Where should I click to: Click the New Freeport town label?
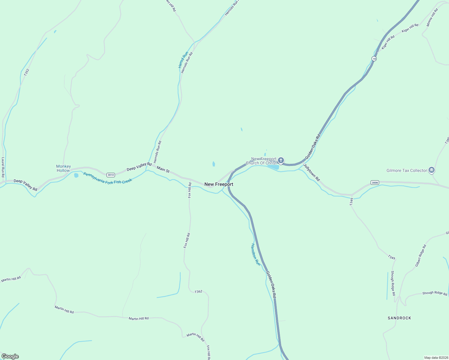(x=218, y=184)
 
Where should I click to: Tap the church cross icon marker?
(x=281, y=160)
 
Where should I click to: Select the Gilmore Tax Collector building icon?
(x=432, y=170)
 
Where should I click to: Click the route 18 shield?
(x=374, y=59)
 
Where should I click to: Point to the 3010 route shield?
(x=111, y=175)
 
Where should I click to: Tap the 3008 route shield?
(x=375, y=182)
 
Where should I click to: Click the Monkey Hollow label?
(x=64, y=168)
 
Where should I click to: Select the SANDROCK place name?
(x=399, y=318)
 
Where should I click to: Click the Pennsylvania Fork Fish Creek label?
(x=107, y=178)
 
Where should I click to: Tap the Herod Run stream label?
(x=183, y=60)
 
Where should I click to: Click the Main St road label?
(x=163, y=169)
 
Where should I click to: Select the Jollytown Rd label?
(x=312, y=172)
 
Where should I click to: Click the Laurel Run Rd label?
(x=3, y=167)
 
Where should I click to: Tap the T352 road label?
(x=27, y=72)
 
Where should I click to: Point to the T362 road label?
(x=198, y=292)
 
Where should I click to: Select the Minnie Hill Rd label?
(x=432, y=17)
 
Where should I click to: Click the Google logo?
(x=10, y=356)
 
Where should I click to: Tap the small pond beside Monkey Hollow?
(x=76, y=175)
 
